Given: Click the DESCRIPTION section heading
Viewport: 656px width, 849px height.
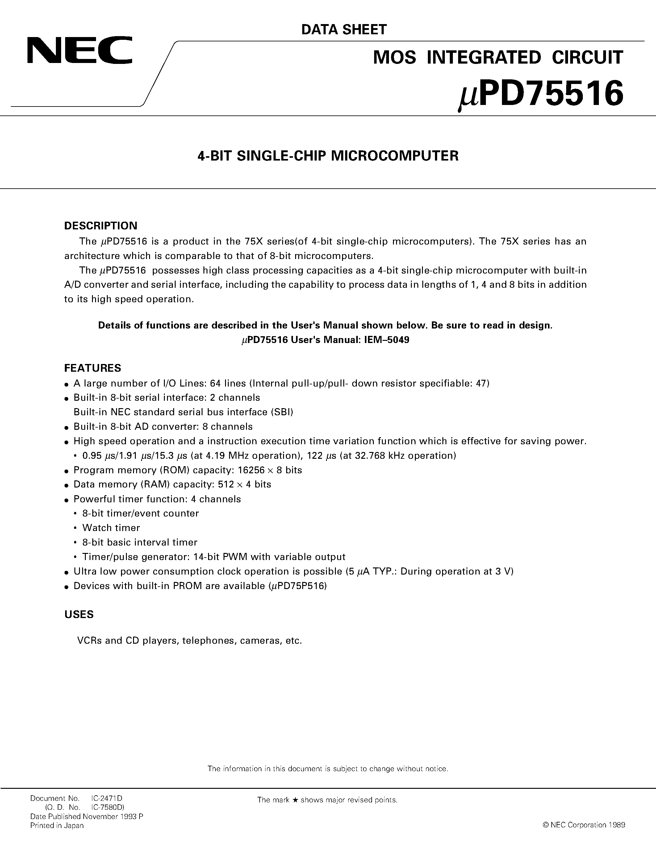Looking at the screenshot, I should tap(101, 226).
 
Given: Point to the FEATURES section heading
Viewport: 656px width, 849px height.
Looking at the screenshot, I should tap(93, 368).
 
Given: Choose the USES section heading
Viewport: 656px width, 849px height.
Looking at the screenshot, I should tap(79, 615).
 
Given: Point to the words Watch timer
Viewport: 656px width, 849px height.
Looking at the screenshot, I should tap(111, 528).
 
